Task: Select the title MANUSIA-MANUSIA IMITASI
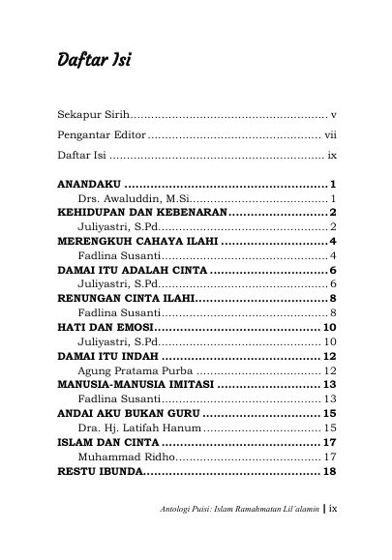(144, 385)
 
